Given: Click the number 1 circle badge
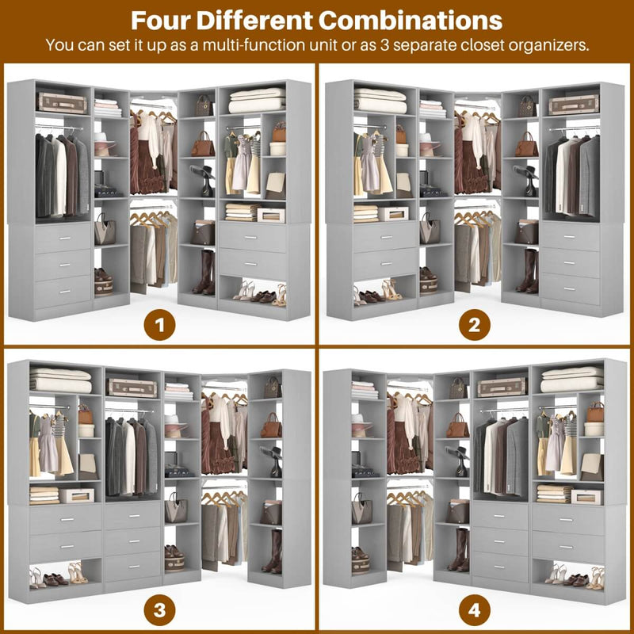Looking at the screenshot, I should (158, 324).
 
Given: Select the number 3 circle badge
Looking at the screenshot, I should (158, 609).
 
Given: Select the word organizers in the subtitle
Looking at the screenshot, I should (542, 44).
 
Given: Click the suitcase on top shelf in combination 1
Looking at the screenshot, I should (61, 102).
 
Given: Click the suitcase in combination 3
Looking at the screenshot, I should (132, 387).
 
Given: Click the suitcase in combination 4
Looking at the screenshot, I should (501, 386).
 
